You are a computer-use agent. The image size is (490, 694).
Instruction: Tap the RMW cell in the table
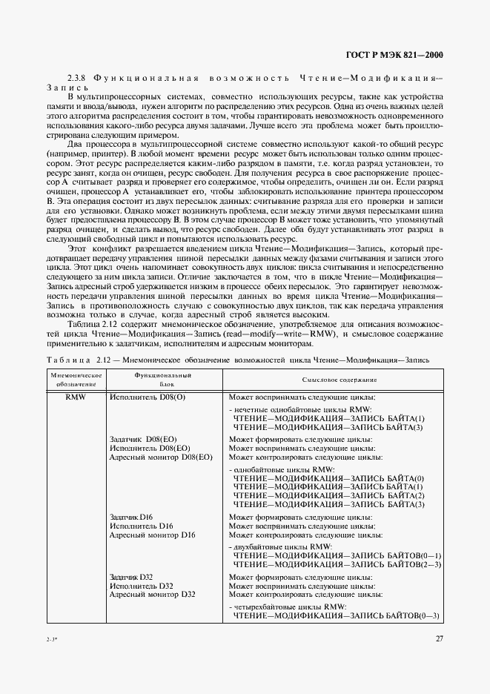click(x=76, y=397)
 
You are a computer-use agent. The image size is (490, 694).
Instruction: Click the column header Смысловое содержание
click(x=339, y=380)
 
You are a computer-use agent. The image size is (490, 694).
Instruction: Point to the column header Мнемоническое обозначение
click(x=76, y=380)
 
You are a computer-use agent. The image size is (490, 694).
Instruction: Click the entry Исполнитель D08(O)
click(x=144, y=397)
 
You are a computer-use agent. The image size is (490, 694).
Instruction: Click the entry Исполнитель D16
click(x=141, y=526)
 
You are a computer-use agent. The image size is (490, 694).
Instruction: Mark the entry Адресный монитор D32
click(x=152, y=594)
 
